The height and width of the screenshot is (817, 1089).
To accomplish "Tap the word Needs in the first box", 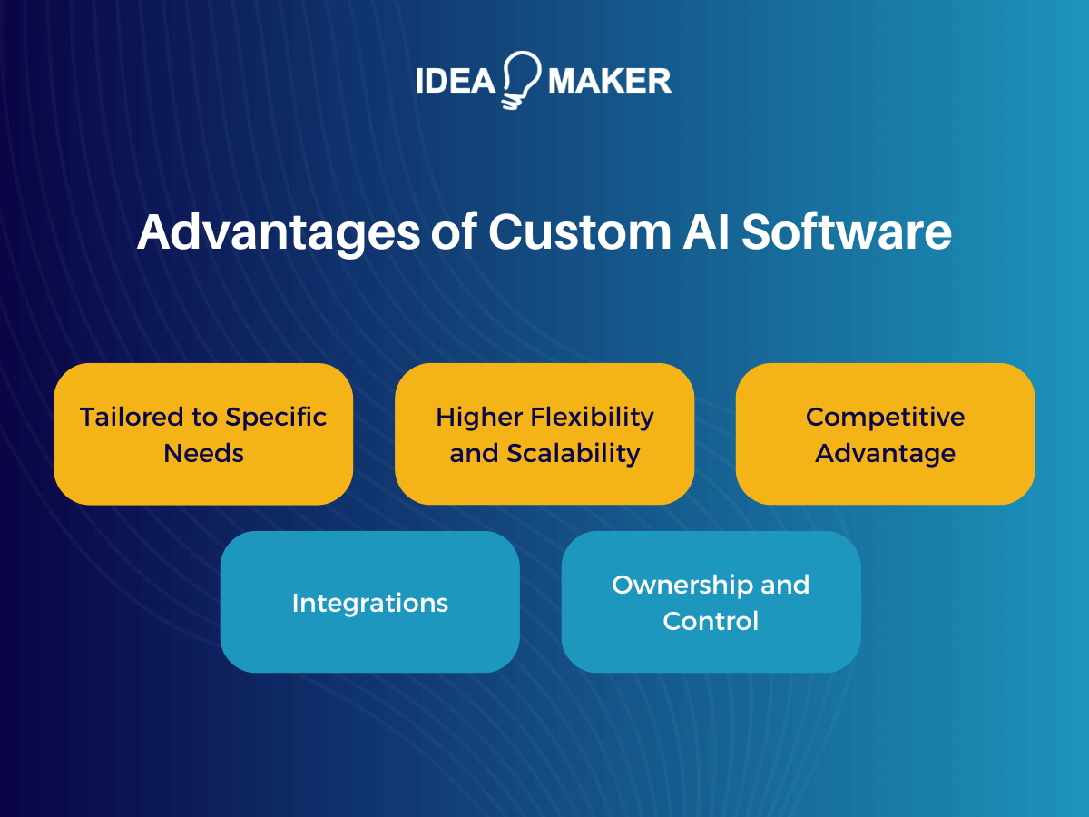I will tap(203, 453).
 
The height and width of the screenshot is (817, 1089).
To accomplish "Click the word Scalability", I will tap(574, 453).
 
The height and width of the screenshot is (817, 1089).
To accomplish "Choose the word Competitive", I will tap(885, 418).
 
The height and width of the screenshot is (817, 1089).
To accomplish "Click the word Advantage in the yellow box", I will tap(885, 453).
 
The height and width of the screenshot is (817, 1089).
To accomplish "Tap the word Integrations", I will tap(370, 603).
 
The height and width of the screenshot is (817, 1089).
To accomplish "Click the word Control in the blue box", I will tap(711, 621).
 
